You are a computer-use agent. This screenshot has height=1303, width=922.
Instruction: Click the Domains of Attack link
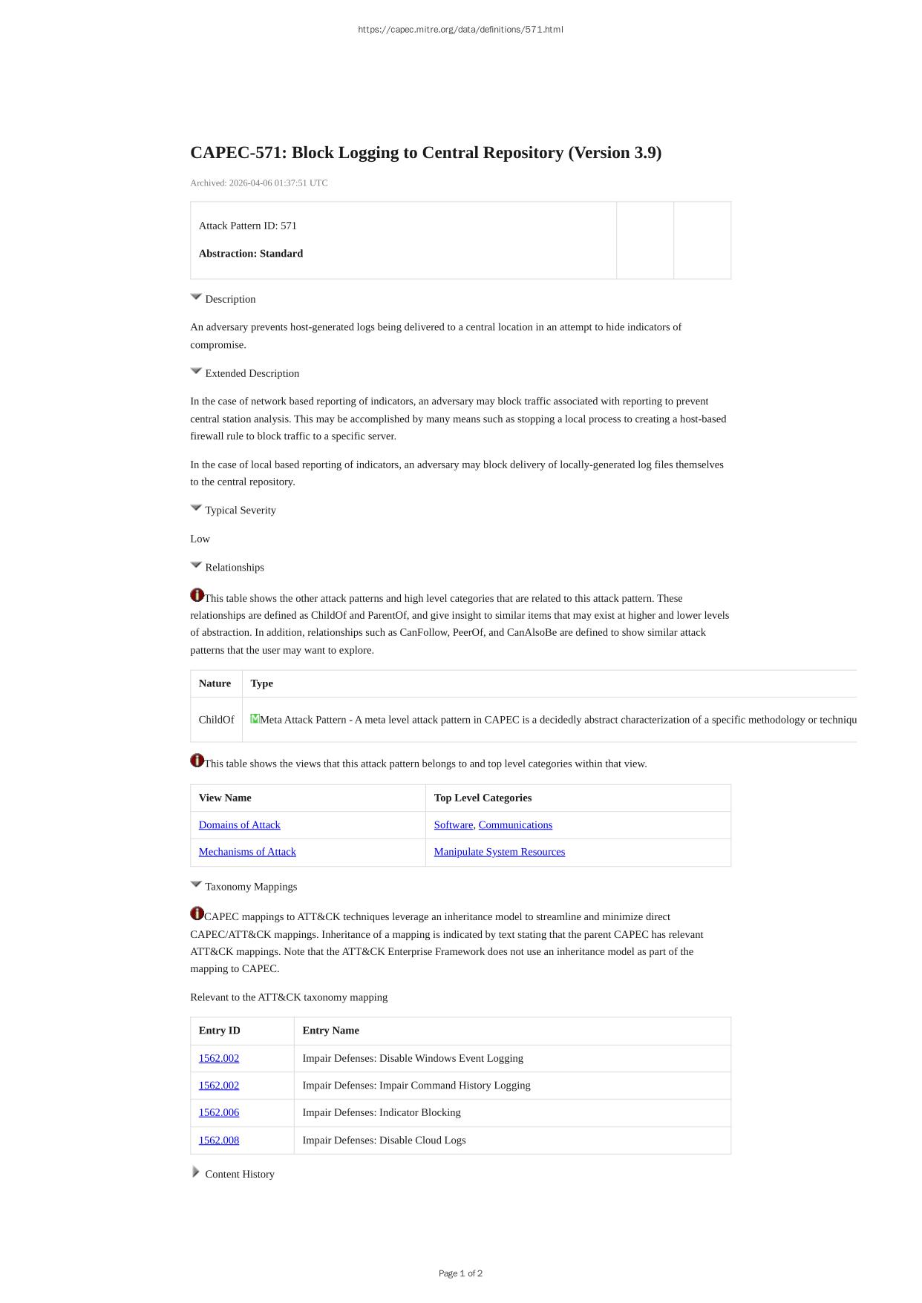click(239, 824)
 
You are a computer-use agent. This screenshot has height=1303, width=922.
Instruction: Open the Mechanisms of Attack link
click(247, 852)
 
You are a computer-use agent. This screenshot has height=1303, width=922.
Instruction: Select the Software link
click(453, 824)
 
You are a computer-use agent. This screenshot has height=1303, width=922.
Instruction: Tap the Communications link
click(515, 824)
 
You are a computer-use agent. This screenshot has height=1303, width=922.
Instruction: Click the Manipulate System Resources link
click(499, 852)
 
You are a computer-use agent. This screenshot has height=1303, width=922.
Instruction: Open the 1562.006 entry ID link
click(219, 1112)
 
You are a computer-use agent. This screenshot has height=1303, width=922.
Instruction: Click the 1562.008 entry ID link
click(219, 1140)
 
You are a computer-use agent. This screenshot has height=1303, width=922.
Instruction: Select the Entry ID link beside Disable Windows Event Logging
click(219, 1058)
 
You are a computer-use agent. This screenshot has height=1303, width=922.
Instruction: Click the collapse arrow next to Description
click(196, 297)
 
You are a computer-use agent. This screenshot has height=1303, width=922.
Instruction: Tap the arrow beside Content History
click(196, 1172)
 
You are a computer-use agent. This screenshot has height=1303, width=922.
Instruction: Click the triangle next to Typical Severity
click(196, 508)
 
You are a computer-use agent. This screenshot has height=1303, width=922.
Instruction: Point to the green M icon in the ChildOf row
click(255, 718)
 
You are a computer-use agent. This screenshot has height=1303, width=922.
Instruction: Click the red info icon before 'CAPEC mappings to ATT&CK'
click(197, 913)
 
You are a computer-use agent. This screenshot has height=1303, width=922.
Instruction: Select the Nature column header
click(215, 683)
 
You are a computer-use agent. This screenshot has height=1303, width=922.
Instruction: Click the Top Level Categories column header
click(483, 798)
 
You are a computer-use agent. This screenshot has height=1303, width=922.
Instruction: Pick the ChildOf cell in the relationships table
click(216, 720)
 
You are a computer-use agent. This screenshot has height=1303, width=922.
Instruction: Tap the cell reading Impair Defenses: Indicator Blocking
click(382, 1112)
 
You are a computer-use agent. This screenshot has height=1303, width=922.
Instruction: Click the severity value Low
click(200, 539)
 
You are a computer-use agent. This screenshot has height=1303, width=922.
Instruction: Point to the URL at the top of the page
click(460, 30)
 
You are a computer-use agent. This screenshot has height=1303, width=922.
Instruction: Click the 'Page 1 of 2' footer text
click(460, 1273)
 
